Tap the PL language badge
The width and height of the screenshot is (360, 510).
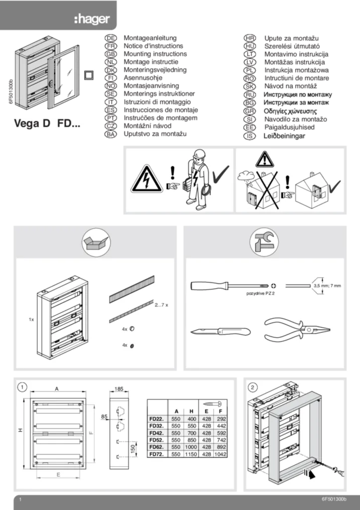click(x=250, y=70)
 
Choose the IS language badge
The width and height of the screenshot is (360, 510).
click(x=250, y=135)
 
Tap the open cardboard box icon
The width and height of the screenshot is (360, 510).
click(x=96, y=243)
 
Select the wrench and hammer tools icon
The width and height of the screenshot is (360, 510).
click(x=263, y=243)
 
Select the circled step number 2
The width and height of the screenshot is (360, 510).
click(x=252, y=387)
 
